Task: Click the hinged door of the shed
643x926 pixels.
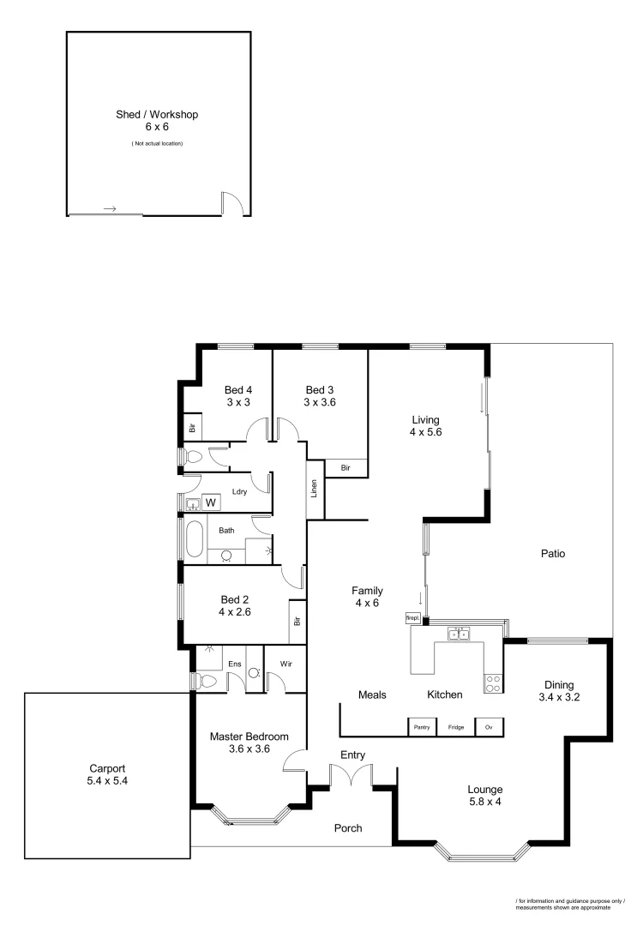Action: [232, 203]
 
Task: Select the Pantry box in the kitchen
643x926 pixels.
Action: [421, 727]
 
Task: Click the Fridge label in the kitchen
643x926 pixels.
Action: [455, 727]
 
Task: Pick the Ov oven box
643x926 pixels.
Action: [489, 727]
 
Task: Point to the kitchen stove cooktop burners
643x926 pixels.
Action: [494, 683]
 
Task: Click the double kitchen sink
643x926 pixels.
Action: [459, 634]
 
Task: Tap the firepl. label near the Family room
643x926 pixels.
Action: [412, 617]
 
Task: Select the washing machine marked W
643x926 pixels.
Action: [210, 502]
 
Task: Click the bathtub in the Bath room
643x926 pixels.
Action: [195, 540]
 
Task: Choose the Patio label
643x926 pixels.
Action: [553, 554]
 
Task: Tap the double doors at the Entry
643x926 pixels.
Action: [352, 776]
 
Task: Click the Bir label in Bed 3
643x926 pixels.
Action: [346, 468]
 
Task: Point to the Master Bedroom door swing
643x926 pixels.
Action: [294, 760]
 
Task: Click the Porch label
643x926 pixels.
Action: [347, 828]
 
